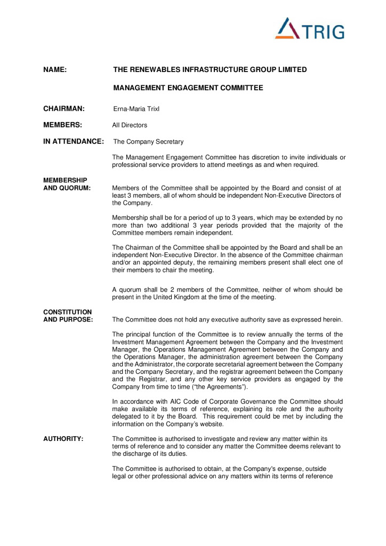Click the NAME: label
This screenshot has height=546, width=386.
pos(54,69)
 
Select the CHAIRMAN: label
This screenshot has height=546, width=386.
pos(64,109)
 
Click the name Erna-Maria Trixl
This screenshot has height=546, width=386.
pos(136,109)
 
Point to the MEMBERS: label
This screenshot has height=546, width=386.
pos(62,125)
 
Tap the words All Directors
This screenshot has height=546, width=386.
pos(130,125)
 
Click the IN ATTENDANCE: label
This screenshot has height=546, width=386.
pos(74,141)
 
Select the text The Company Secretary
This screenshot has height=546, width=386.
pos(148,142)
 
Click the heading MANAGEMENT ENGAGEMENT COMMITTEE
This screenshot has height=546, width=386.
pos(188,88)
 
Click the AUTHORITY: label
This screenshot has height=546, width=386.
pos(63,438)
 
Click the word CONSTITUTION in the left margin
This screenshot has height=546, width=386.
pos(67,312)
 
